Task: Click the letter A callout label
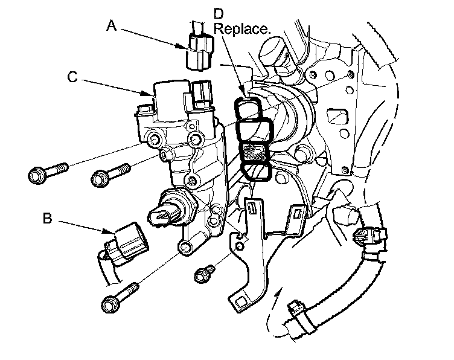coord(110,25)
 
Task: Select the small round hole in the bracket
coord(240,247)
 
